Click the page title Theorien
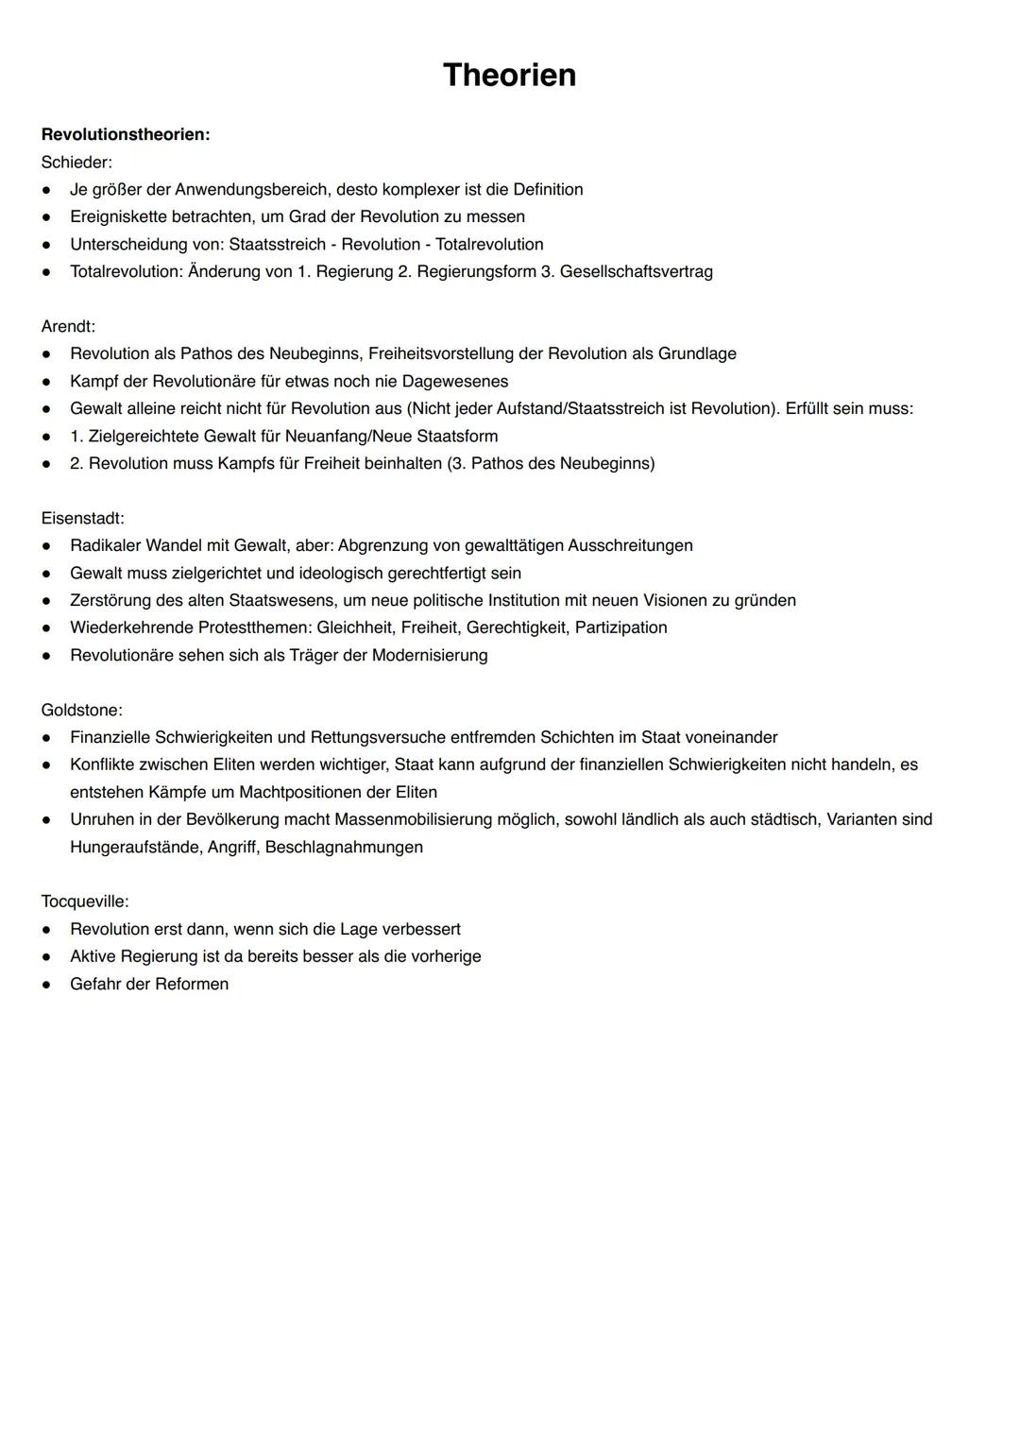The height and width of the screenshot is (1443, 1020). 509,75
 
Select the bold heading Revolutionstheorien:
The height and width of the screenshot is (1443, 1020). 126,134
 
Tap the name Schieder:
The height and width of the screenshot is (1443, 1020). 76,162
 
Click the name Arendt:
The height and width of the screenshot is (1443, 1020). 68,326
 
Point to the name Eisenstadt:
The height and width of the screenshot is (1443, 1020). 82,518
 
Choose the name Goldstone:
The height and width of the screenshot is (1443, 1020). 81,710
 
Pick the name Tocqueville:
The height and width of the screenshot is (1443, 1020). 85,902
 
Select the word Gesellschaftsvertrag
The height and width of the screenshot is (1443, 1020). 636,271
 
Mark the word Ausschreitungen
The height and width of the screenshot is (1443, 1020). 629,545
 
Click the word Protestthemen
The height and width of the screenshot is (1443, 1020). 253,627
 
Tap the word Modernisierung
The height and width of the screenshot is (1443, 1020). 430,655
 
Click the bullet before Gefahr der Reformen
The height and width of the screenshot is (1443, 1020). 45,984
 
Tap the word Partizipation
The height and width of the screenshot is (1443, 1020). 620,627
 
